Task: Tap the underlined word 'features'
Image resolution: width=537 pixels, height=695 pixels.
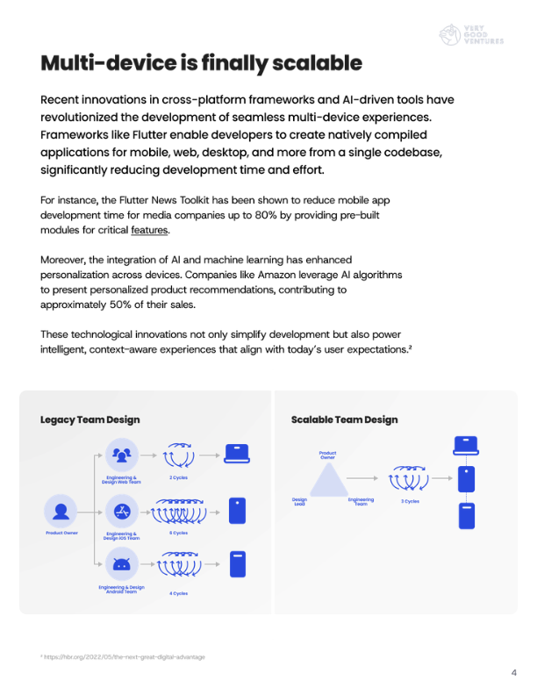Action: [x=149, y=231]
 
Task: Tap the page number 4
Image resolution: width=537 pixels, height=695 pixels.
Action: [x=513, y=673]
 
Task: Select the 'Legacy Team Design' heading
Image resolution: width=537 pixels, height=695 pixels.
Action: [x=89, y=419]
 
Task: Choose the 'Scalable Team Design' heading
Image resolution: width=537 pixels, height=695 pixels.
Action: [x=344, y=419]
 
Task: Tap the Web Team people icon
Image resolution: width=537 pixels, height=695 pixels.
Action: [x=121, y=454]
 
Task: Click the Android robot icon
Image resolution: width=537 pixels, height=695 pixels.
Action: [x=121, y=564]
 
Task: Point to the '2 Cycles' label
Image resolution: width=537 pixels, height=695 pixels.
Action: [x=179, y=477]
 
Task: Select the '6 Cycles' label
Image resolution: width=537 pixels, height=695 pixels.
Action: [x=179, y=533]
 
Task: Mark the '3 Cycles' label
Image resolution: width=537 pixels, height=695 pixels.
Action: [x=410, y=501]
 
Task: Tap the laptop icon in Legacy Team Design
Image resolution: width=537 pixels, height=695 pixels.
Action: [x=237, y=453]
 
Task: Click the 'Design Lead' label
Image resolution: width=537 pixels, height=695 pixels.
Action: [x=299, y=501]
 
